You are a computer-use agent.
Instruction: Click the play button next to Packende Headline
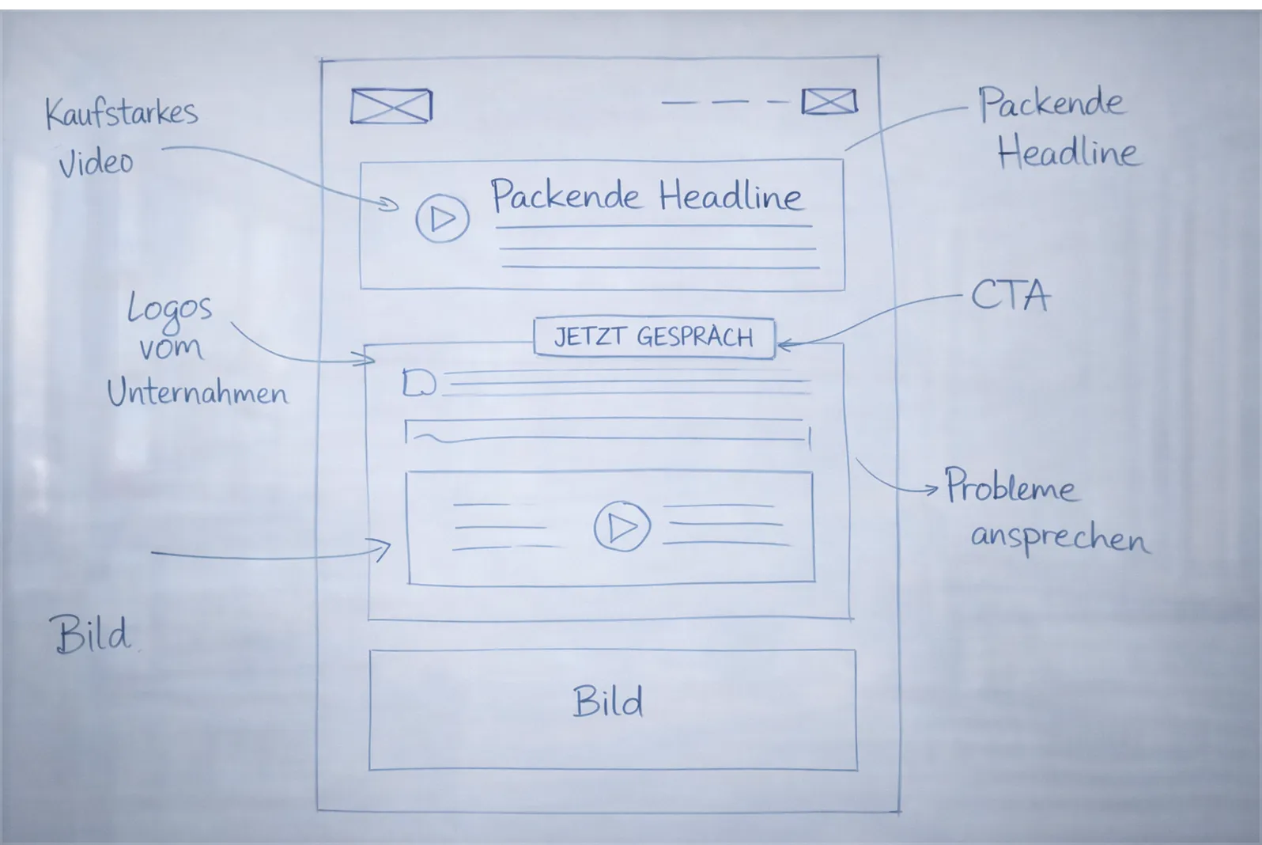pos(442,218)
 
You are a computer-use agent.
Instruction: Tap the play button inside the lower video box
pos(622,526)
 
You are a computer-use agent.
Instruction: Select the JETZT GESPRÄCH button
pos(654,338)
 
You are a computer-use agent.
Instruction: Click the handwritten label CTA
pos(1010,296)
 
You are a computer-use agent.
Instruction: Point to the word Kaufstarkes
pos(121,113)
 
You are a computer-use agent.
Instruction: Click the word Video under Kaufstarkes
pos(96,162)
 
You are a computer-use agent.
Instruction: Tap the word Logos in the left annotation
pos(170,309)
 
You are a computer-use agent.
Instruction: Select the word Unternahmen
pos(198,392)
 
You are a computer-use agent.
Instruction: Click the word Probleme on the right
pos(1011,486)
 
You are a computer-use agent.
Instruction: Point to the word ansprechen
pos(1060,538)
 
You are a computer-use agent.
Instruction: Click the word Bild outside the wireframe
pos(92,635)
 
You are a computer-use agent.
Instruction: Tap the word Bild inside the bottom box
pos(607,703)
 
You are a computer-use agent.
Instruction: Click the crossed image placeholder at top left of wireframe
pos(391,107)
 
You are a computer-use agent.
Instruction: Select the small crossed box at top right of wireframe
pos(829,102)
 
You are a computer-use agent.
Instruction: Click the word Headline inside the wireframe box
pos(730,195)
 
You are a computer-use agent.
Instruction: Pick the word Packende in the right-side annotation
pos(1050,104)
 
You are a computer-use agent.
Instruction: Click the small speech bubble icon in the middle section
pos(418,383)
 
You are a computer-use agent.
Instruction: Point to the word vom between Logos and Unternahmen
pos(170,348)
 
